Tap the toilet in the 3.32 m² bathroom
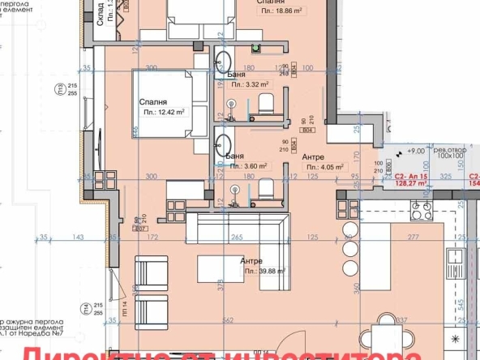tap(265, 104)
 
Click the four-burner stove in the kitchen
tap(421, 213)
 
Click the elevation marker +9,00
tap(416, 150)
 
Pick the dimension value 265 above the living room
tap(236, 237)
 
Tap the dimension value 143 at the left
tap(79, 237)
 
